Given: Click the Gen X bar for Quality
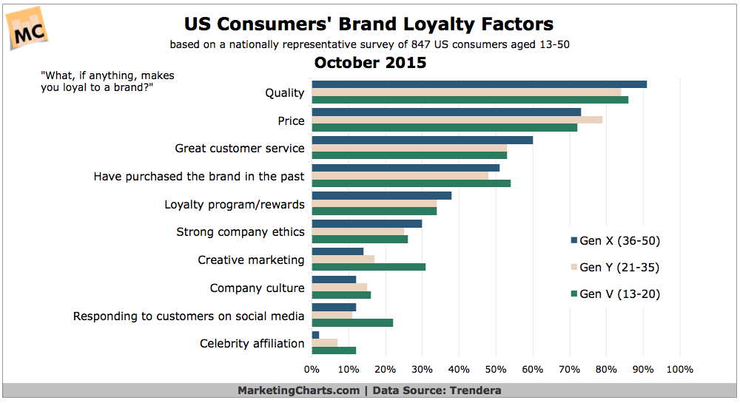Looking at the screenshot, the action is (x=479, y=84).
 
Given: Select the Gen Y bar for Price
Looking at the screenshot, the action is (x=457, y=120).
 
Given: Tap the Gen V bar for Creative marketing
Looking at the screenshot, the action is (x=369, y=267).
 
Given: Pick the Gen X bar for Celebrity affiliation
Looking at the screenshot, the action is (x=315, y=335).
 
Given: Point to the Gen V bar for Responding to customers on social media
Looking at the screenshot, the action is (x=352, y=322).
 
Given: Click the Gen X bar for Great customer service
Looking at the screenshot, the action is (x=423, y=140).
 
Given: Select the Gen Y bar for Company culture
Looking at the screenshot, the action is (x=340, y=288).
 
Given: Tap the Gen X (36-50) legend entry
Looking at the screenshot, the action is (x=616, y=241).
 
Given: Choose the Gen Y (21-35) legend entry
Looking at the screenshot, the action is (x=615, y=267).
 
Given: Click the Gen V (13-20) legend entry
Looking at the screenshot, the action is (x=616, y=294).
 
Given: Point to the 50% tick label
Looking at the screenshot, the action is (x=496, y=370).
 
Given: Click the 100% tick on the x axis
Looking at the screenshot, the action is (x=679, y=370).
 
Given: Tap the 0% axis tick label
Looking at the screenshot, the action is (x=312, y=370).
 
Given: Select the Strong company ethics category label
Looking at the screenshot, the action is (x=240, y=232).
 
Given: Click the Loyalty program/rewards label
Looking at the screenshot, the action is (x=235, y=205).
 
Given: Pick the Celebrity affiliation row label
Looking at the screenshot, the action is (x=252, y=344).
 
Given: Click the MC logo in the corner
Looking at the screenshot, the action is (x=28, y=30).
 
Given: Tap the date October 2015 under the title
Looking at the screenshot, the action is (x=370, y=63).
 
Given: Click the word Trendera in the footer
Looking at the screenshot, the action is (x=475, y=390).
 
